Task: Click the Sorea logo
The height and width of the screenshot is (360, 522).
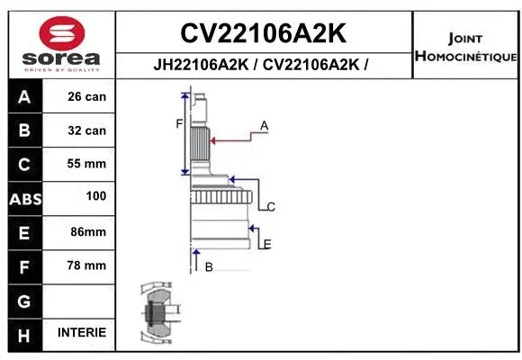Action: click(60, 43)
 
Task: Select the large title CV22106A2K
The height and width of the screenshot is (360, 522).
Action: click(263, 33)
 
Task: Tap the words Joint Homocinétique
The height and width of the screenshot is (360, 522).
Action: click(465, 48)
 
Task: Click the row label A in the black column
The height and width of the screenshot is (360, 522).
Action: click(24, 97)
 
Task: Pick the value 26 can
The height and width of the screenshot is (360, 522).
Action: click(86, 97)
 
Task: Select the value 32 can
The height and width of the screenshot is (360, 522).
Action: click(86, 130)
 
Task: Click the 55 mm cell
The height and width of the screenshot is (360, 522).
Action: click(86, 164)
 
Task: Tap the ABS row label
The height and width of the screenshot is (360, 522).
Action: click(24, 198)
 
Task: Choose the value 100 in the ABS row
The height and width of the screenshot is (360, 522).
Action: click(95, 195)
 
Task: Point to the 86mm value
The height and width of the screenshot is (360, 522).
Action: click(88, 231)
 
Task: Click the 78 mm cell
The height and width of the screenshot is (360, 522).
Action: click(86, 265)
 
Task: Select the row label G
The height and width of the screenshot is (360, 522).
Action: click(24, 300)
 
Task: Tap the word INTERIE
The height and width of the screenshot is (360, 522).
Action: click(82, 332)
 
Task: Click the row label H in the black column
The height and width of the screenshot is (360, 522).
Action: click(24, 334)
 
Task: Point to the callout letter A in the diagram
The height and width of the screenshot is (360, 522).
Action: click(264, 125)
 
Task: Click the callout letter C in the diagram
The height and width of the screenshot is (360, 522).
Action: click(271, 207)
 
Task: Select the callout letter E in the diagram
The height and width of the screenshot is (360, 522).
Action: click(267, 244)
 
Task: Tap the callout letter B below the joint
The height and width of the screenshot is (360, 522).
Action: click(209, 266)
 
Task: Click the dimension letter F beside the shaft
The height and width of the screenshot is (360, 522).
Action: click(179, 123)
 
